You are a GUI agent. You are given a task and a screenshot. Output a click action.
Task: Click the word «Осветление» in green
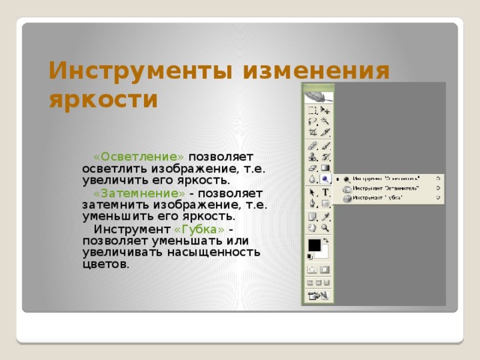[x=139, y=157]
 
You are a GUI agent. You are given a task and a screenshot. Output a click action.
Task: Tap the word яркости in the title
[x=103, y=99]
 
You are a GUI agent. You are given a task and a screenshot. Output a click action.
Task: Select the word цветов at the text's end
[x=106, y=264]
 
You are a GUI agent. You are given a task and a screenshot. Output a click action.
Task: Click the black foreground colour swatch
[x=314, y=245]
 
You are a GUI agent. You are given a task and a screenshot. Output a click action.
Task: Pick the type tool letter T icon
[x=325, y=192]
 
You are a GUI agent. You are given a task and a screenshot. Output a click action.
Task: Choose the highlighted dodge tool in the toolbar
[x=325, y=179]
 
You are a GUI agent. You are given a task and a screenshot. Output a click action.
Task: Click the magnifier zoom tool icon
[x=325, y=227]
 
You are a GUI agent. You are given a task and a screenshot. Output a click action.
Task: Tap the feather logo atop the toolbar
[x=319, y=96]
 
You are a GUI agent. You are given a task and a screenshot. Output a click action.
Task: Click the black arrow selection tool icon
[x=313, y=192]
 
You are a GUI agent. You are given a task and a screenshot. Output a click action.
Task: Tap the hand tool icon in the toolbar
[x=313, y=227]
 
